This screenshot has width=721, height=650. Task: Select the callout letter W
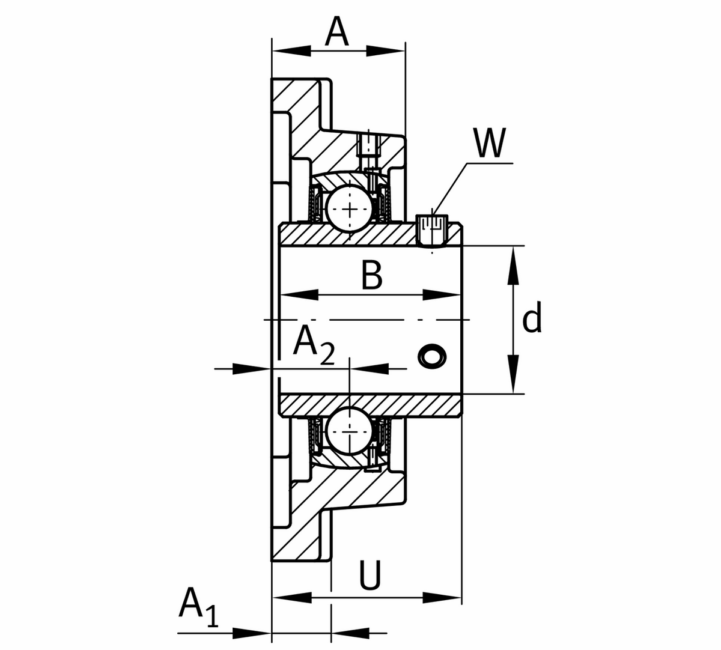(490, 143)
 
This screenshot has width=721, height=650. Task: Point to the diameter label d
(532, 318)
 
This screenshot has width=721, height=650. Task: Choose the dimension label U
(370, 576)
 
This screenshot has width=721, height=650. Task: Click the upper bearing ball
(349, 208)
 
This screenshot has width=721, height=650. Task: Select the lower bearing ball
(349, 429)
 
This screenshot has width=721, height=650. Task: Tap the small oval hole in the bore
(432, 356)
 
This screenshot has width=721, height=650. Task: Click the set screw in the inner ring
(431, 231)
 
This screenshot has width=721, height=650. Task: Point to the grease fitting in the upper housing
(368, 147)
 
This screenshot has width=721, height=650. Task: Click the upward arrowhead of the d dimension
(513, 267)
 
